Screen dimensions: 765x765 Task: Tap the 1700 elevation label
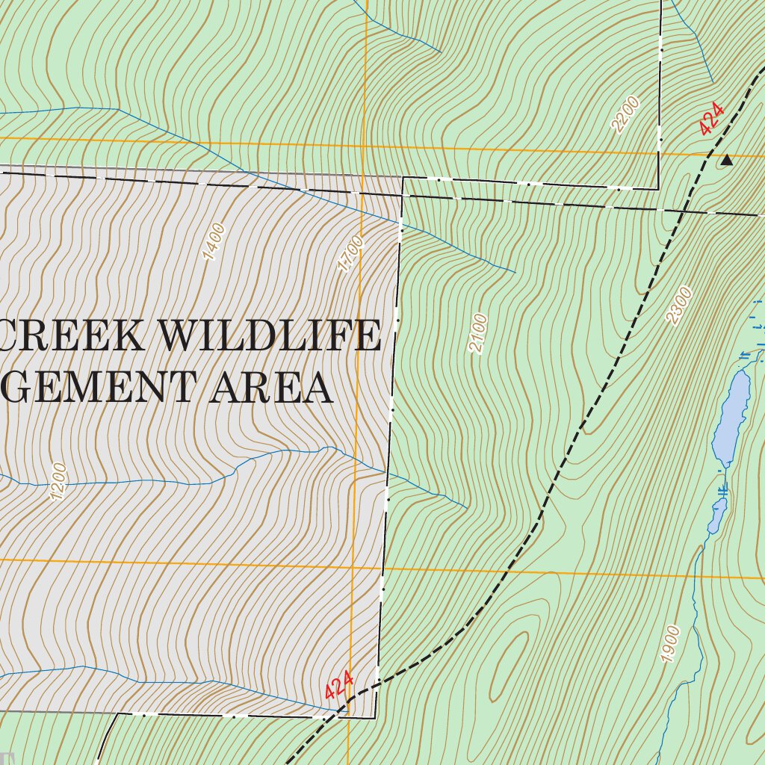(x=350, y=254)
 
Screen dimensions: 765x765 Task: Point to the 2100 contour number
(x=478, y=334)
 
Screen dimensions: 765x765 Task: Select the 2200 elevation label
(x=625, y=114)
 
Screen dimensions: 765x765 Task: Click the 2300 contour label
(x=680, y=306)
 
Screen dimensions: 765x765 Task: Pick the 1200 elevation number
(x=58, y=482)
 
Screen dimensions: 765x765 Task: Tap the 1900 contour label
(x=670, y=644)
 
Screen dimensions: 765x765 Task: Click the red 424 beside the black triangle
(x=711, y=119)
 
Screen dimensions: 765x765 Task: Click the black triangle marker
(x=726, y=159)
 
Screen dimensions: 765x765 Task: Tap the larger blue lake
(x=731, y=418)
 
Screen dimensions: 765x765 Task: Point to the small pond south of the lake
(x=717, y=515)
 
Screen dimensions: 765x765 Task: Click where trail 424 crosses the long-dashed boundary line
(x=683, y=211)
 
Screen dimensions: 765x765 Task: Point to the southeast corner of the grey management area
(x=374, y=718)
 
